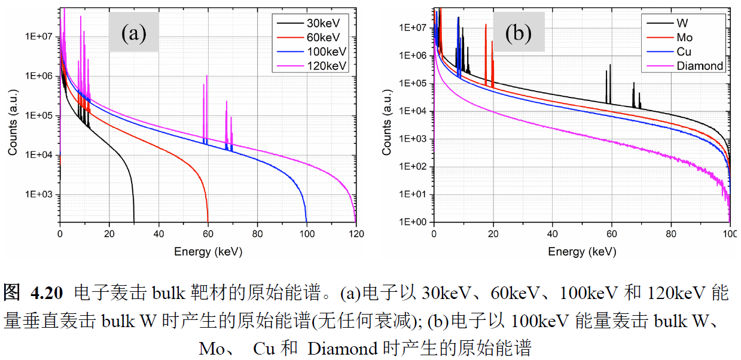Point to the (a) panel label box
133,32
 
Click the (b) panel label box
518,32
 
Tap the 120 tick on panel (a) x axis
356,235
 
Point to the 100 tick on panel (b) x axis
730,235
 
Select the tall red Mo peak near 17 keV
486,26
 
